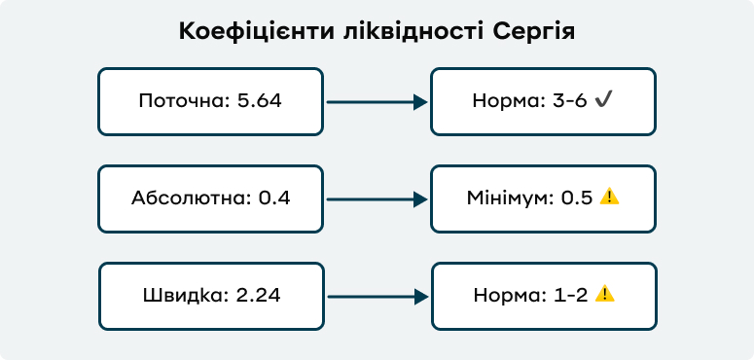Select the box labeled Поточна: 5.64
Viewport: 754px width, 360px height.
click(x=210, y=101)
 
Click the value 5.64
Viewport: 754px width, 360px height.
click(x=259, y=101)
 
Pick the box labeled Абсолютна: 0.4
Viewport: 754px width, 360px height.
click(x=210, y=198)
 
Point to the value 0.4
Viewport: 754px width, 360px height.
click(x=274, y=198)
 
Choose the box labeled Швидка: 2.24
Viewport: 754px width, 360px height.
click(x=210, y=296)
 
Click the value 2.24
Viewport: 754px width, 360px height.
click(x=259, y=296)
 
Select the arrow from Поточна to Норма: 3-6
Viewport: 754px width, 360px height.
click(x=377, y=101)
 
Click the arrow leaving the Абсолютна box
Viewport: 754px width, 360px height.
click(x=377, y=198)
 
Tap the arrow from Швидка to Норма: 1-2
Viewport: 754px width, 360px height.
click(x=377, y=296)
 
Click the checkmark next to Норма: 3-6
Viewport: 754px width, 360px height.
click(x=603, y=100)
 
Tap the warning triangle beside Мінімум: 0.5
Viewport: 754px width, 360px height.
click(x=609, y=197)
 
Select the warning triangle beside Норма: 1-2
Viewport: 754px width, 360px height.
click(x=604, y=294)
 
